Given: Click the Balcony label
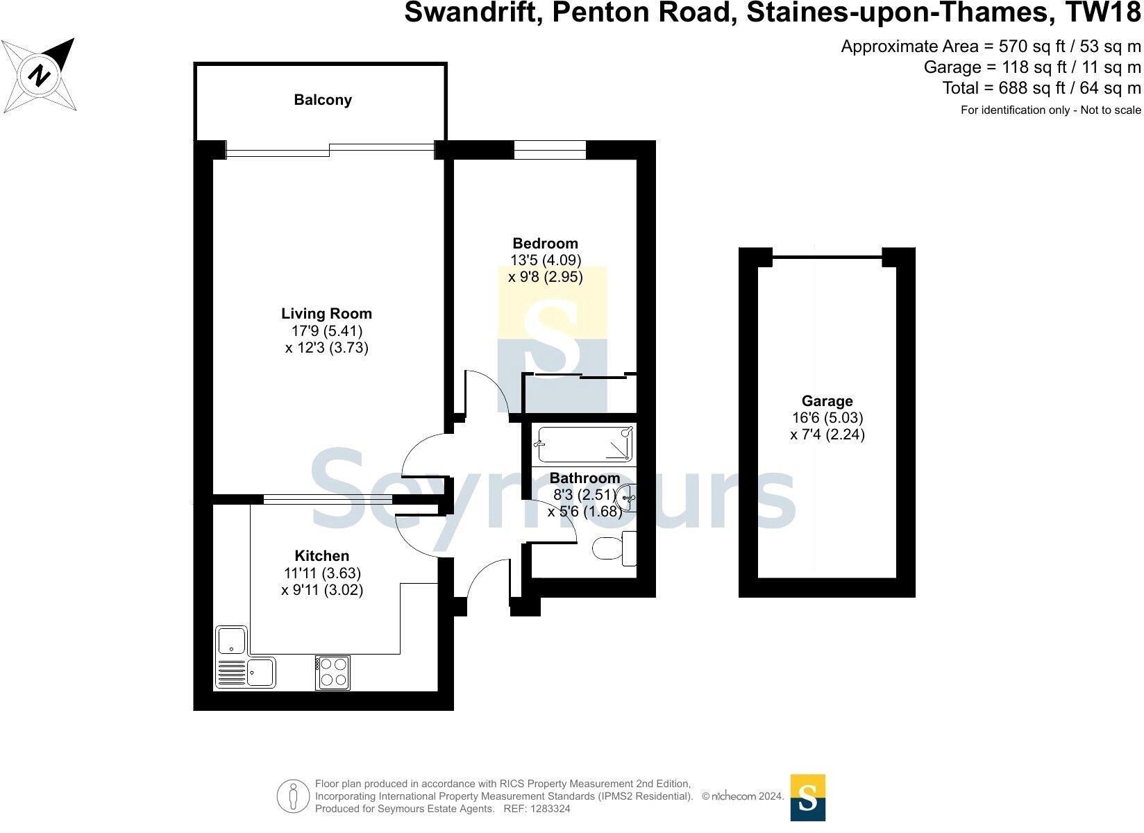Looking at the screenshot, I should (x=323, y=100).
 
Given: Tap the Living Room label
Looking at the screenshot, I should (x=326, y=314).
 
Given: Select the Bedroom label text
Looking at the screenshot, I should (x=545, y=244).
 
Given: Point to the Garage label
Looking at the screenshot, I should (x=827, y=401).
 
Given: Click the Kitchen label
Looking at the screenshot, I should (x=321, y=556).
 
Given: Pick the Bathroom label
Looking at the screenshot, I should (x=584, y=478).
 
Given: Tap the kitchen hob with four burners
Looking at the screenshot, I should (x=333, y=672).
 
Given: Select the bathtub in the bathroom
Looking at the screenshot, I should (x=584, y=444).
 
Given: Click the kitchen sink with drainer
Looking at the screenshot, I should (x=246, y=672).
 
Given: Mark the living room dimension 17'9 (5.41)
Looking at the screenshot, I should (x=326, y=331).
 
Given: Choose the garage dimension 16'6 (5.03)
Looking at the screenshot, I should (x=827, y=418).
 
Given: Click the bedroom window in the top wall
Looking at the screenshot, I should (x=550, y=150).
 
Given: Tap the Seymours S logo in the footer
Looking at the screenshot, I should (x=808, y=797).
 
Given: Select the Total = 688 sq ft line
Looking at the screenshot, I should (x=1041, y=88).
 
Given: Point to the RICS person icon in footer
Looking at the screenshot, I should (x=293, y=797).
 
